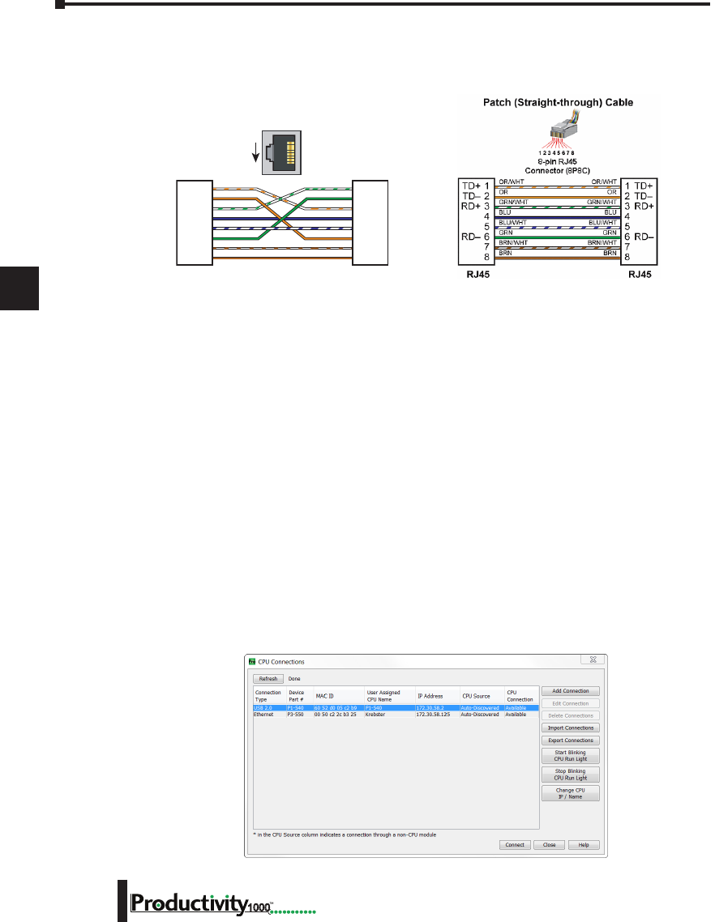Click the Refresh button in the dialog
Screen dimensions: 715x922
coord(268,679)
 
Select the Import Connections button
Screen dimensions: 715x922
coord(570,728)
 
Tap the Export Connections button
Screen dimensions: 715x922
coord(570,741)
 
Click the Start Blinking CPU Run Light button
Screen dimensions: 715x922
coord(570,755)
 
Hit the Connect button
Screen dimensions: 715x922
coord(514,845)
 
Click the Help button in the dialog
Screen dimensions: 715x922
coord(584,845)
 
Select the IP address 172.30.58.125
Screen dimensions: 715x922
coord(433,715)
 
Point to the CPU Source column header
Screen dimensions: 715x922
coord(476,696)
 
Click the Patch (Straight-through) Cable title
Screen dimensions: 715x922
coord(558,103)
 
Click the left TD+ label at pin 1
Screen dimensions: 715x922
coord(472,186)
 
